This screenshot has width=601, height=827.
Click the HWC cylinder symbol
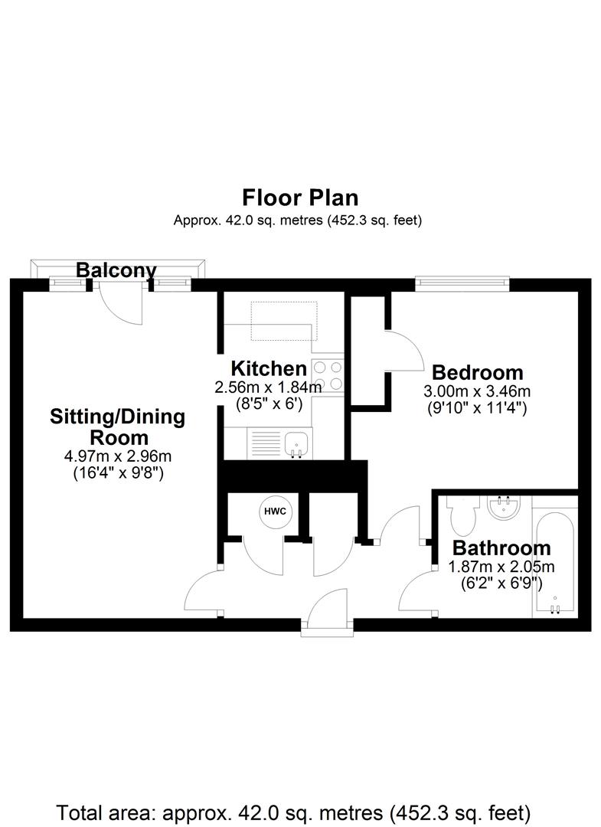coord(275,511)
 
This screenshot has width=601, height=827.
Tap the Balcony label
coord(116,270)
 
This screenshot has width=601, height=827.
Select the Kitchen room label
coord(269,368)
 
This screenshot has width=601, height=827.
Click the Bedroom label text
coord(477,372)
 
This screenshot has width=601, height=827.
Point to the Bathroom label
coord(501,548)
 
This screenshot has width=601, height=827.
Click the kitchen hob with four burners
coord(328,375)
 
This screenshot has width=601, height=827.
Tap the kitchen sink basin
coord(298,443)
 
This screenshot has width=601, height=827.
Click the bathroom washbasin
coord(504,507)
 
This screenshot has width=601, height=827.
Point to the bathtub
coord(554,561)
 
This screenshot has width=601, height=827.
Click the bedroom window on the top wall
coord(462,284)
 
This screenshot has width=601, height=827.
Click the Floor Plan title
coord(300,198)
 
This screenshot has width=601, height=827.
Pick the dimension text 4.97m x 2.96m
coord(118,456)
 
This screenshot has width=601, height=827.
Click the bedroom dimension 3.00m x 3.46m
coord(476,391)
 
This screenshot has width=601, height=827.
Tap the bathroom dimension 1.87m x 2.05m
coord(501,567)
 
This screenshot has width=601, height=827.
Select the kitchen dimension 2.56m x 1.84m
coord(268,387)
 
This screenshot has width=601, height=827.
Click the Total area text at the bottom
coord(293,812)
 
